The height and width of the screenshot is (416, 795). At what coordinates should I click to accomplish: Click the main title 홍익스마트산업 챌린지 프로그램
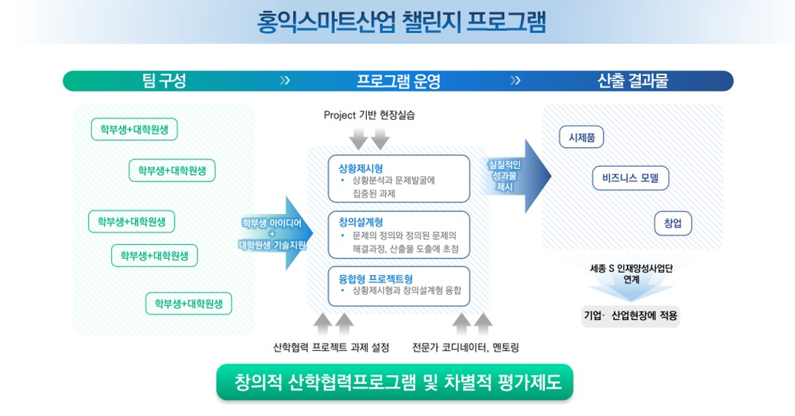point(401,23)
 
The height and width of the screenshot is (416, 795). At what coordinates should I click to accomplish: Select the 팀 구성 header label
point(164,80)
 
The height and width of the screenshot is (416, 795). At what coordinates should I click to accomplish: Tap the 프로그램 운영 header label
point(398,80)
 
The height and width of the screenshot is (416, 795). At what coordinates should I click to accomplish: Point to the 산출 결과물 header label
point(632,80)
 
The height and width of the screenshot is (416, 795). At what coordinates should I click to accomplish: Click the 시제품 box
point(582,137)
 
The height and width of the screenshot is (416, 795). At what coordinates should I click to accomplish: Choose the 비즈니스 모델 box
point(630,178)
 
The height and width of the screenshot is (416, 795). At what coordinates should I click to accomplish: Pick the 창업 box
point(673,223)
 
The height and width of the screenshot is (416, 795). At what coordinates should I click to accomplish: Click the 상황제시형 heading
point(360,168)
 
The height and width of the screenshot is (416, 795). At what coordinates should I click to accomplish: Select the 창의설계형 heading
point(360,222)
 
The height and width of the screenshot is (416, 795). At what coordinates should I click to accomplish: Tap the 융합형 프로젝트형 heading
point(376,279)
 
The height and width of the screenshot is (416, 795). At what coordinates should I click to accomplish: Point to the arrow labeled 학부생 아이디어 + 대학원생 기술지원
point(276,233)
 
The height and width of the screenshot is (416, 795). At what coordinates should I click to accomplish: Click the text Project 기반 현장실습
point(369,116)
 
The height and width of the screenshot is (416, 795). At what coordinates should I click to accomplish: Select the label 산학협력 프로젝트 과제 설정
point(331,347)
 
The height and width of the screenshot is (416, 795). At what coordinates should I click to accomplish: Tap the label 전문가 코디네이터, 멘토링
point(465,347)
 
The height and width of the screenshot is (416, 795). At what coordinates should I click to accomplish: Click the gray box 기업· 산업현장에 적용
point(630,316)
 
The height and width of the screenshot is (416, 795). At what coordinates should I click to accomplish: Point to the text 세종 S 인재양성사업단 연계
point(631,274)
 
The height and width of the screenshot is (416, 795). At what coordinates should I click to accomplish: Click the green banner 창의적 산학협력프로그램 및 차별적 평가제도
point(395,382)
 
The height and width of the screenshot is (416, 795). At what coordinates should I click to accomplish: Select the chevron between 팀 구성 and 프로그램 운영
point(285,80)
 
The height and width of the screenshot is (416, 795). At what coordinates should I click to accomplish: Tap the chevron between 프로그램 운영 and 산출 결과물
point(515,80)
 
